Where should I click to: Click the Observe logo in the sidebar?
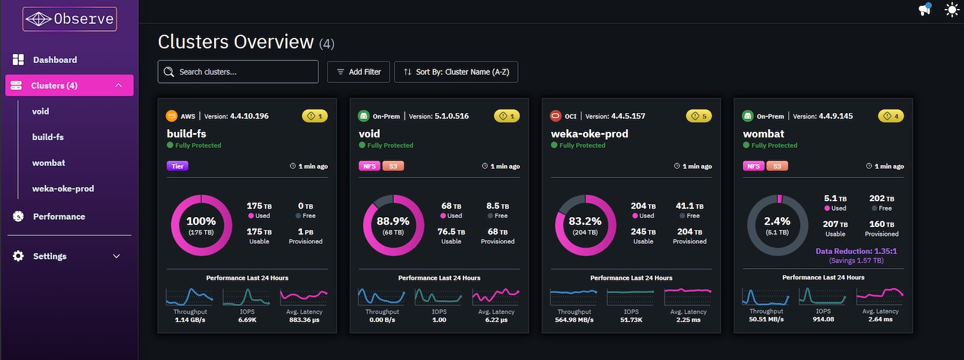click(x=69, y=19)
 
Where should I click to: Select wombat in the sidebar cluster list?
click(x=49, y=163)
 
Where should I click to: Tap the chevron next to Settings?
click(x=116, y=256)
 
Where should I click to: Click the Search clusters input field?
click(x=238, y=71)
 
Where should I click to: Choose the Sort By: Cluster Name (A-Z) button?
click(x=456, y=72)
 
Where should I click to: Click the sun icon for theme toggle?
click(x=952, y=10)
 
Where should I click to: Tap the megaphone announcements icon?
click(x=925, y=9)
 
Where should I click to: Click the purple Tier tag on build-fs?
click(x=177, y=166)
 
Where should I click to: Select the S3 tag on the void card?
click(x=393, y=166)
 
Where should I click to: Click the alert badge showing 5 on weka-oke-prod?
click(x=699, y=116)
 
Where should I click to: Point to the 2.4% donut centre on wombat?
click(x=777, y=225)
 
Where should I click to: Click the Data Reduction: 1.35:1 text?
click(x=856, y=251)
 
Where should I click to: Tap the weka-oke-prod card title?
click(x=589, y=134)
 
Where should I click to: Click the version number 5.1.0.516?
click(x=451, y=116)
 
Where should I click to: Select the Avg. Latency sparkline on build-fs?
click(x=304, y=296)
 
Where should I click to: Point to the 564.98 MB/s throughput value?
click(x=574, y=319)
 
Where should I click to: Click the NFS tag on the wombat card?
click(x=754, y=166)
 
